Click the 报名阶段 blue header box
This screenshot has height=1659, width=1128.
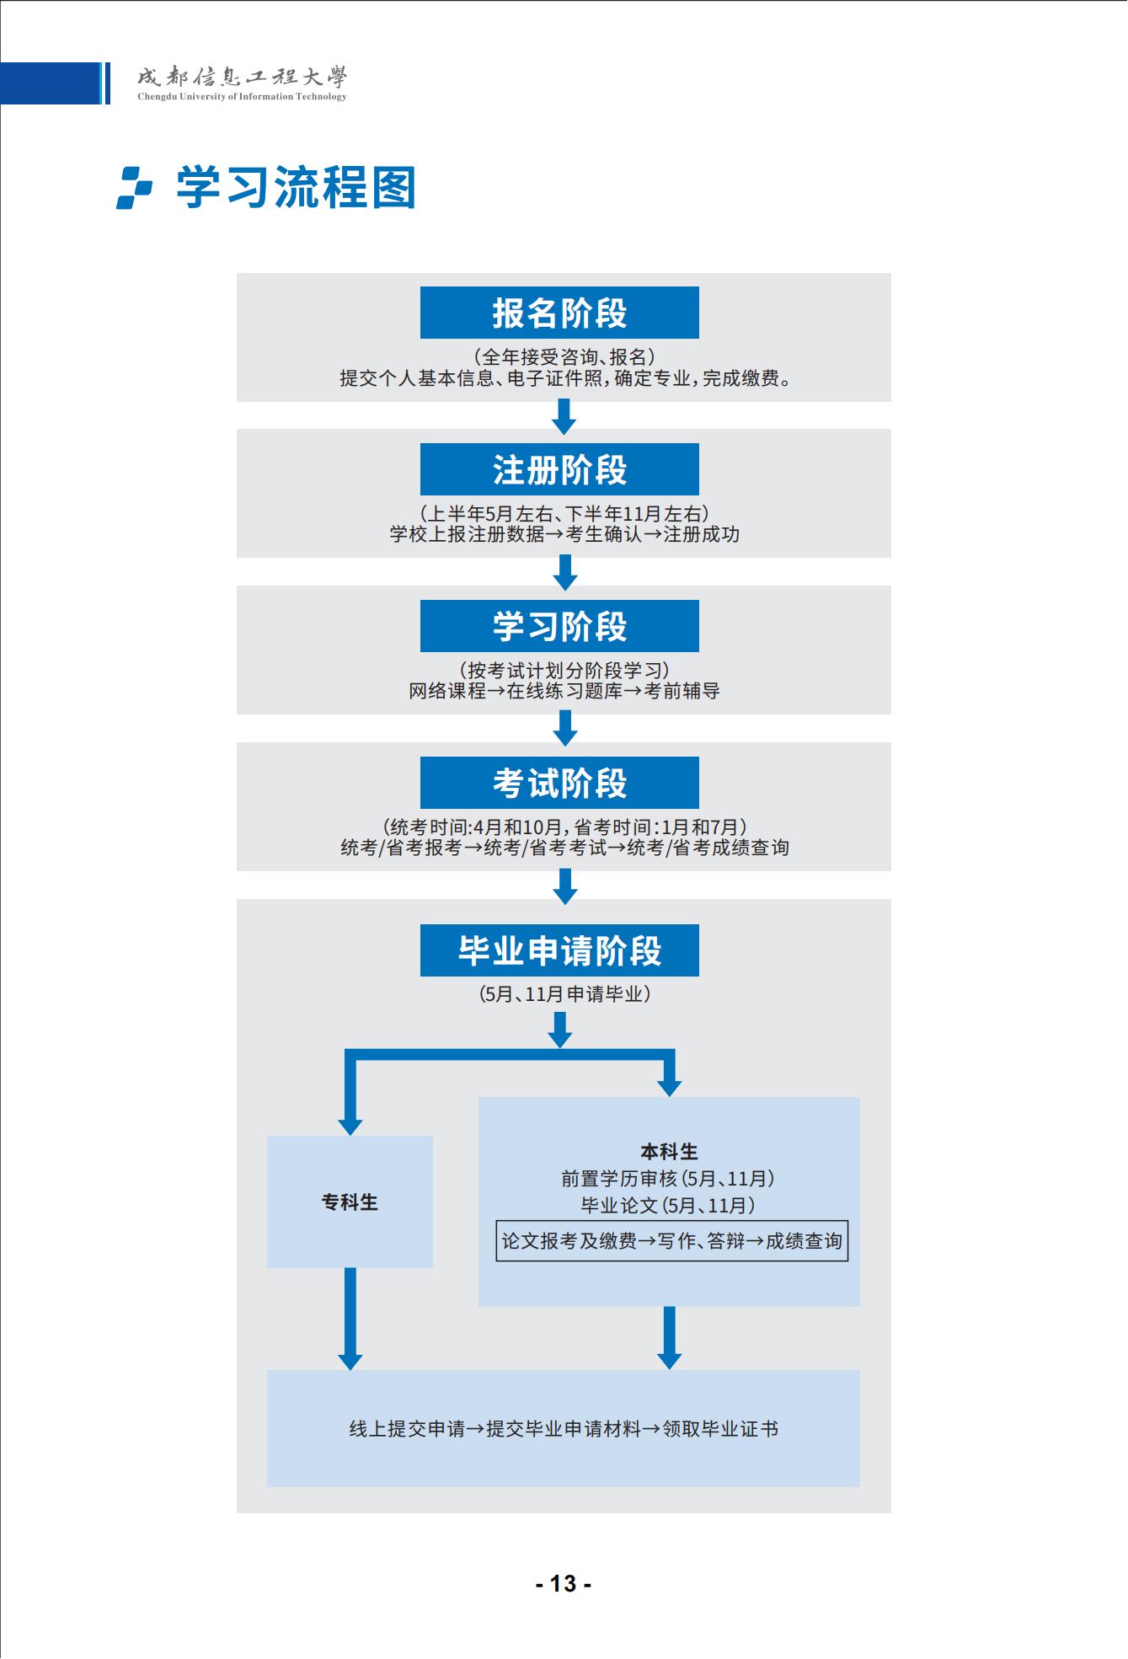(x=559, y=313)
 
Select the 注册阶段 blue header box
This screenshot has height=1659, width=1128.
(x=559, y=469)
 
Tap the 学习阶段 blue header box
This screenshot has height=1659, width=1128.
(x=559, y=626)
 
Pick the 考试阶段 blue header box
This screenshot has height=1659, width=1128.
(x=559, y=783)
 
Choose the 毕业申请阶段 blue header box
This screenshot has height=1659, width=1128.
(x=559, y=950)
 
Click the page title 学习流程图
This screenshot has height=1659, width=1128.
(x=297, y=187)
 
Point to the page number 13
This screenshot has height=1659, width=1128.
(x=564, y=1584)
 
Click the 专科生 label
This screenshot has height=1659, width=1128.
(x=350, y=1202)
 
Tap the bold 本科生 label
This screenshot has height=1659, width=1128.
(x=670, y=1152)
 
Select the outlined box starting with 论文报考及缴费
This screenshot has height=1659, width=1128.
(x=671, y=1241)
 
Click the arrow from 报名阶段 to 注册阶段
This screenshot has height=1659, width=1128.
(x=564, y=416)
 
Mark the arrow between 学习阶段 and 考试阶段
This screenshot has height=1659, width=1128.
(x=564, y=729)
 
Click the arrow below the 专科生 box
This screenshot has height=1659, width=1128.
(x=350, y=1319)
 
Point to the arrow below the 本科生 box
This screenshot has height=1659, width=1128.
(x=670, y=1338)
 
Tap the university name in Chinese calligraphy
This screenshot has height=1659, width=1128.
(x=242, y=78)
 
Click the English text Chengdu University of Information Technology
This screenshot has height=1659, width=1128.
(x=242, y=97)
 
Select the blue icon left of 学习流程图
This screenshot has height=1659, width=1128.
(x=135, y=187)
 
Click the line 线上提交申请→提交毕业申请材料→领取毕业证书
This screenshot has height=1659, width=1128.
(x=564, y=1429)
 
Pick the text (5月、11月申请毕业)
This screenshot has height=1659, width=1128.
(x=564, y=994)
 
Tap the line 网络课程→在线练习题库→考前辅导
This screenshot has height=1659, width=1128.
(x=564, y=692)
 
